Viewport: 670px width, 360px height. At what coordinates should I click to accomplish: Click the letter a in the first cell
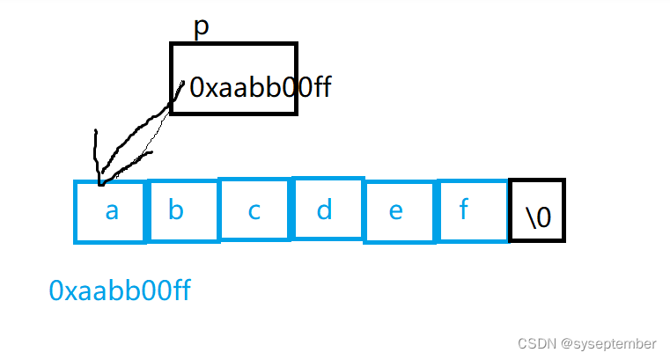tap(112, 211)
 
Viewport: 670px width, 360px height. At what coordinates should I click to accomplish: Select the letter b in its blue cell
tap(176, 211)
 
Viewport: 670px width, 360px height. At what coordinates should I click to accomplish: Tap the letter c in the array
tap(254, 212)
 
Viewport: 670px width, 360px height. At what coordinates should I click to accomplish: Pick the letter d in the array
tap(325, 210)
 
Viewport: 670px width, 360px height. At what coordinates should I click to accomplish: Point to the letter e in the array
tap(396, 212)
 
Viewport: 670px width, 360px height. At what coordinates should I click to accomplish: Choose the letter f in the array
tap(464, 211)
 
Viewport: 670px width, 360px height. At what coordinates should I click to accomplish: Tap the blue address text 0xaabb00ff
tap(120, 290)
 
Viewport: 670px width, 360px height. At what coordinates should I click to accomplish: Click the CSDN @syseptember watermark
tap(586, 342)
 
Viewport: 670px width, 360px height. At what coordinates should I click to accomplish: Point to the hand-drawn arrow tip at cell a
tap(99, 181)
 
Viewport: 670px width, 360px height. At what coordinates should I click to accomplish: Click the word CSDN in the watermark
tap(533, 342)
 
